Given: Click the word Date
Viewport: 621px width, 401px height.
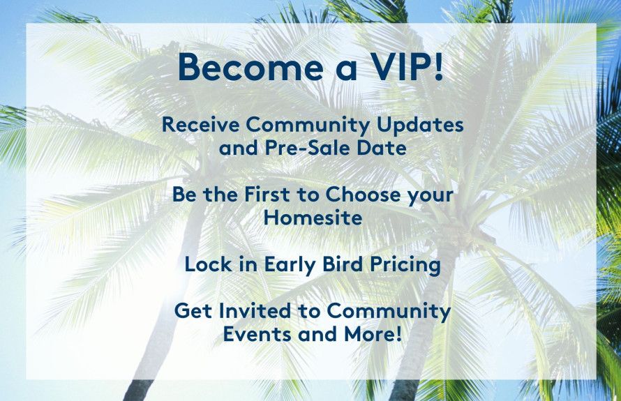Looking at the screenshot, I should (383, 149).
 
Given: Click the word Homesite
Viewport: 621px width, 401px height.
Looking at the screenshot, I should (313, 218).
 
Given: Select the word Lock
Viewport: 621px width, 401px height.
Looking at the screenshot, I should (206, 265).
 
